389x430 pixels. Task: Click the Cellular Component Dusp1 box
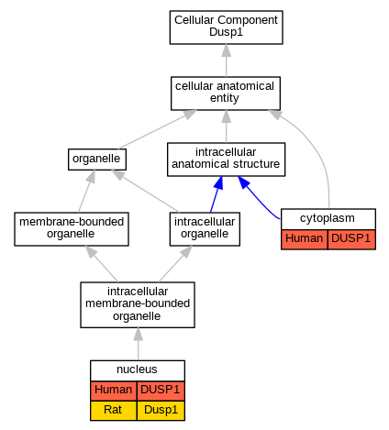click(226, 28)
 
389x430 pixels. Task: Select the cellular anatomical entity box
click(226, 94)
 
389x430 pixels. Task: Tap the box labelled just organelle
click(97, 160)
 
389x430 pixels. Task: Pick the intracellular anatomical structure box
click(226, 160)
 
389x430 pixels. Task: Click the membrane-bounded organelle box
click(72, 229)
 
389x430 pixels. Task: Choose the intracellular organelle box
click(205, 229)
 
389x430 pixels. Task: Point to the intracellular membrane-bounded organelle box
click(138, 304)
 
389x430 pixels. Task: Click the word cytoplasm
click(328, 218)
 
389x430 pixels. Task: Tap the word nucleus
click(137, 369)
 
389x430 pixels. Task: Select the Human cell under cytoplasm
click(305, 239)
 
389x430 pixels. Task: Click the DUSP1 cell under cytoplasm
click(351, 239)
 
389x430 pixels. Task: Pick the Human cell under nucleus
click(114, 391)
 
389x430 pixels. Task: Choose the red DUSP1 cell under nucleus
click(161, 391)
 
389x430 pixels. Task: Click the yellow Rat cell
click(114, 411)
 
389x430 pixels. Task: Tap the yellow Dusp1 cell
click(161, 411)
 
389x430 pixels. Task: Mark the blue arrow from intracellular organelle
click(217, 194)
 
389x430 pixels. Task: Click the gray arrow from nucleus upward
click(139, 344)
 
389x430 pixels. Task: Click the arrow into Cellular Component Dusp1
click(227, 61)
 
